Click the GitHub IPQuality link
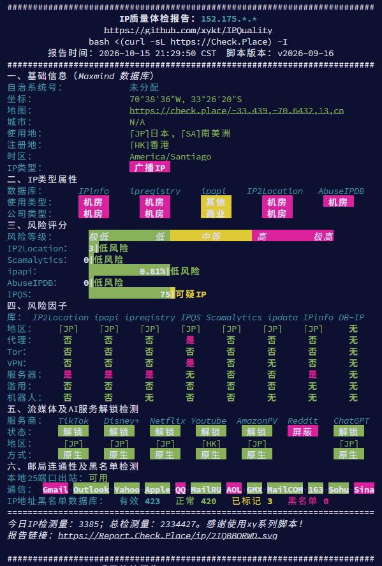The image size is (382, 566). click(x=188, y=31)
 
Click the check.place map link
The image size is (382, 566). click(x=237, y=110)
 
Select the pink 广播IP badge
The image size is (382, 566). click(x=150, y=167)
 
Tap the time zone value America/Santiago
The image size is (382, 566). click(x=170, y=157)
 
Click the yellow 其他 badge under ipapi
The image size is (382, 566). click(x=216, y=202)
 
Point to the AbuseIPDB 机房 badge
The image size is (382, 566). click(x=339, y=202)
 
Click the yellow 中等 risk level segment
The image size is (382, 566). click(x=211, y=237)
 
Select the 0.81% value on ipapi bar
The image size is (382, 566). click(x=152, y=271)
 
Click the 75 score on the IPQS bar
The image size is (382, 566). click(x=165, y=294)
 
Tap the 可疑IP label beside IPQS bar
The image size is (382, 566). click(x=191, y=294)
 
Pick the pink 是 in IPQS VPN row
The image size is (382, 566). click(x=190, y=363)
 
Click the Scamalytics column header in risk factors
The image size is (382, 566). click(x=234, y=318)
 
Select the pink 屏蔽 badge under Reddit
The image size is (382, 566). click(x=303, y=431)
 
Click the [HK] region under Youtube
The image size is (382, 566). click(x=210, y=443)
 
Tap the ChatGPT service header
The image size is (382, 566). click(x=351, y=421)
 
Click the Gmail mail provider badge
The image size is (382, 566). click(x=55, y=489)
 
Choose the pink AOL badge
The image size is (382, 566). click(x=234, y=489)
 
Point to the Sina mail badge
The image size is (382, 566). click(x=364, y=489)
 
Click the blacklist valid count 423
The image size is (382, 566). click(x=152, y=501)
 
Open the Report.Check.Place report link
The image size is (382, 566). click(x=168, y=535)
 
